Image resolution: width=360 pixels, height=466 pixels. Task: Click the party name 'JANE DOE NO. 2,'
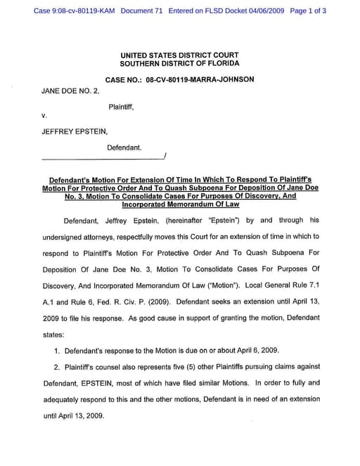pyautogui.click(x=70, y=91)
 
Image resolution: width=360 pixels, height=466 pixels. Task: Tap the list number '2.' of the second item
pyautogui.click(x=58, y=366)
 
